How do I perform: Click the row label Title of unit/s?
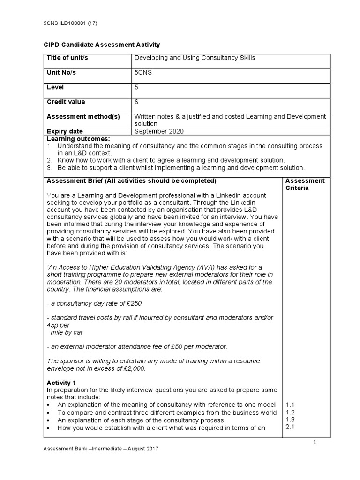[x=68, y=58]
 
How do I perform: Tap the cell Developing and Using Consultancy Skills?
[x=195, y=58]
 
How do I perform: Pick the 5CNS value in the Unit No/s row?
[x=143, y=73]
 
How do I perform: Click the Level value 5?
[x=136, y=87]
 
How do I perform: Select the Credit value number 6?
[x=136, y=102]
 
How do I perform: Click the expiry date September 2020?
[x=159, y=131]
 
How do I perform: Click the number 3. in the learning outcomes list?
[x=49, y=167]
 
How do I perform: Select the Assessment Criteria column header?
[x=305, y=184]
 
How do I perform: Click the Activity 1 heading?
[x=60, y=383]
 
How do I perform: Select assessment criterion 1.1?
[x=290, y=405]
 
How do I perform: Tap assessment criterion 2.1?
[x=290, y=427]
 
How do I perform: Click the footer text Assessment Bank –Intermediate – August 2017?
[x=101, y=449]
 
